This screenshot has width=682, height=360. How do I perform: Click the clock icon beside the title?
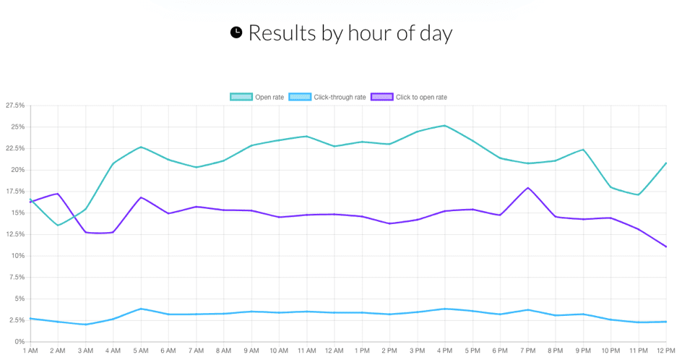click(x=236, y=33)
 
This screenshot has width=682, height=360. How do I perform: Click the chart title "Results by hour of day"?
click(x=350, y=33)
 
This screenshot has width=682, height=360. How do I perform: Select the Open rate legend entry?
click(x=257, y=97)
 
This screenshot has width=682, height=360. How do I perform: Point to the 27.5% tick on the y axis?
click(x=14, y=106)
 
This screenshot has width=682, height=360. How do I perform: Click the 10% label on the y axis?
click(x=17, y=256)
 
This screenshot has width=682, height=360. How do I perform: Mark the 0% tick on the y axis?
click(x=20, y=341)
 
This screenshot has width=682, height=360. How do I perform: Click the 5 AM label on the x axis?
click(x=141, y=351)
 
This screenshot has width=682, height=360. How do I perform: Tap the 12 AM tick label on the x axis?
click(x=334, y=351)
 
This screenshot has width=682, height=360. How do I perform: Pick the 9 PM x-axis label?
click(x=583, y=351)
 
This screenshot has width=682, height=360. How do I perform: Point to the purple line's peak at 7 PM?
click(x=528, y=188)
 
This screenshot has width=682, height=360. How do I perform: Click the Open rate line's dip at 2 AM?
click(x=58, y=226)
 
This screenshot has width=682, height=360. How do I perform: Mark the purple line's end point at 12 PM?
click(x=665, y=247)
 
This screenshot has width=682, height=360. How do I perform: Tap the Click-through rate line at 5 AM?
click(x=141, y=309)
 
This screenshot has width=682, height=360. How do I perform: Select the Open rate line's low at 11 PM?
click(x=638, y=194)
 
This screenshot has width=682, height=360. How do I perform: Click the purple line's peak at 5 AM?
click(x=141, y=197)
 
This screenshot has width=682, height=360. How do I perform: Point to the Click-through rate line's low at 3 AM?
click(x=85, y=325)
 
